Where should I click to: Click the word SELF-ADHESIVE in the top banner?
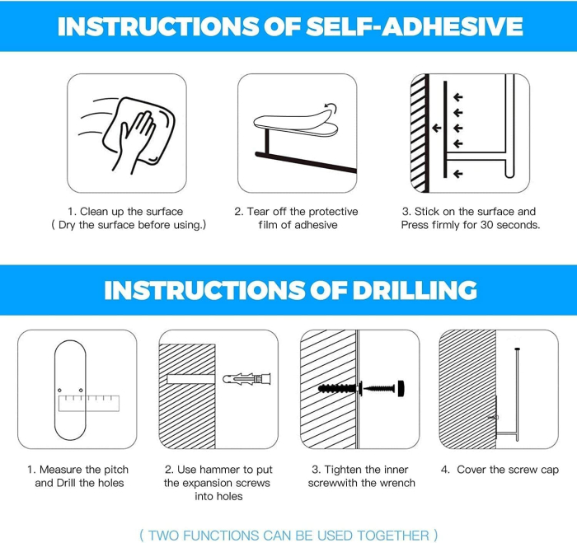point(415,26)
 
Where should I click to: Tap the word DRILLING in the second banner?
point(415,290)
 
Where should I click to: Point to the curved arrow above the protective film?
point(331,106)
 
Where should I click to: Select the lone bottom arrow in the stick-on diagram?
point(457,174)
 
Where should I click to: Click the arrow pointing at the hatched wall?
point(436,128)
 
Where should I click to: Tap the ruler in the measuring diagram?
point(89,403)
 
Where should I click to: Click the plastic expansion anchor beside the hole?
point(247,378)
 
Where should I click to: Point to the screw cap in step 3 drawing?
point(401,388)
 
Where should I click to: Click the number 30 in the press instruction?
point(486,225)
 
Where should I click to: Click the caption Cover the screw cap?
point(508,470)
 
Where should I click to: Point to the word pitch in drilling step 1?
point(116,470)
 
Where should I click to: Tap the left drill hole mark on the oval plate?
point(59,390)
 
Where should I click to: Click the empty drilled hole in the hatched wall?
point(190,379)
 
